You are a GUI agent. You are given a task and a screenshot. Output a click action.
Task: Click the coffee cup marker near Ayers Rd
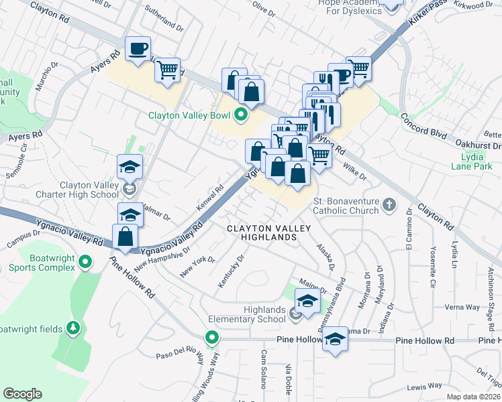[x=138, y=49]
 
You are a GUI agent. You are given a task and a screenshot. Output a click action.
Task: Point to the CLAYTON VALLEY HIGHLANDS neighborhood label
[x=268, y=235]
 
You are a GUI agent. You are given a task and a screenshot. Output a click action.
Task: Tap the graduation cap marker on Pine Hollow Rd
[x=334, y=340]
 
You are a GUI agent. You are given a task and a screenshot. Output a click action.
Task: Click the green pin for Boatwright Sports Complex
[x=85, y=261]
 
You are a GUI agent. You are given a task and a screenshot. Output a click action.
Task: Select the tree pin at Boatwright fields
[x=74, y=328]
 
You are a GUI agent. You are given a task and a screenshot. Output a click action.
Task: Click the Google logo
[x=23, y=394]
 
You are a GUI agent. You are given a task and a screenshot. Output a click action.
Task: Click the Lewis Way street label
[x=424, y=386]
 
